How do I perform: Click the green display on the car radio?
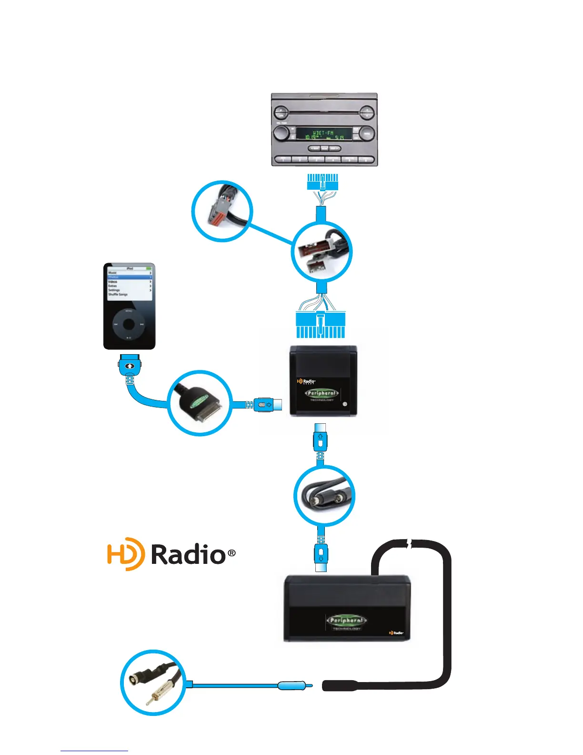tap(324, 133)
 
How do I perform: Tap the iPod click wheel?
tap(129, 325)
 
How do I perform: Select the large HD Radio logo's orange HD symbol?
tap(125, 553)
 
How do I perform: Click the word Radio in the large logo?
tap(188, 554)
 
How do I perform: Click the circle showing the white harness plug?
tap(322, 252)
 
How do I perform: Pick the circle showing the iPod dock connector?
tap(200, 402)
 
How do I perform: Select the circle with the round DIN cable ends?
tap(324, 496)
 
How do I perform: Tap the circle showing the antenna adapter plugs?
tap(152, 683)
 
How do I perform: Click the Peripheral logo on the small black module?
tap(322, 394)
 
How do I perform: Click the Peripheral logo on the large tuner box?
tap(347, 621)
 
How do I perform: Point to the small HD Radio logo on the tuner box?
tap(396, 633)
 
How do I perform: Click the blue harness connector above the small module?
tap(320, 324)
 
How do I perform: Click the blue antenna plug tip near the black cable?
tap(295, 686)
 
